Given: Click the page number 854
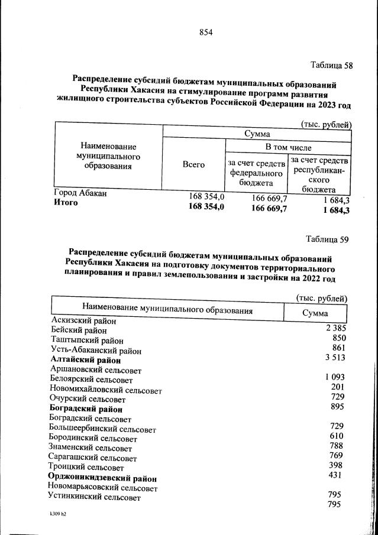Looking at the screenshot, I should click(x=205, y=32).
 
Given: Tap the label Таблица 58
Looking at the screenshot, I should click(x=331, y=66).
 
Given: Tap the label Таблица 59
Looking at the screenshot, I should click(x=327, y=239).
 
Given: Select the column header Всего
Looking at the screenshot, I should click(x=193, y=165).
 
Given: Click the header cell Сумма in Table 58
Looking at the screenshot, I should click(x=257, y=134).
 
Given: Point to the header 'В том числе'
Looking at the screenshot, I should click(x=288, y=147).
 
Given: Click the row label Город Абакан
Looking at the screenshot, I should click(x=80, y=193).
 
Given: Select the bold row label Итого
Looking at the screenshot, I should click(x=66, y=203).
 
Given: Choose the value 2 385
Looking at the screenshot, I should click(x=334, y=328).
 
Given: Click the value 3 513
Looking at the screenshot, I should click(x=334, y=357).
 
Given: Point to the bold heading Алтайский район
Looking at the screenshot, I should click(x=86, y=360).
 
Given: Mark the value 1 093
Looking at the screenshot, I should click(x=334, y=377).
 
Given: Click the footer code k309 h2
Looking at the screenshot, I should click(x=58, y=514).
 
